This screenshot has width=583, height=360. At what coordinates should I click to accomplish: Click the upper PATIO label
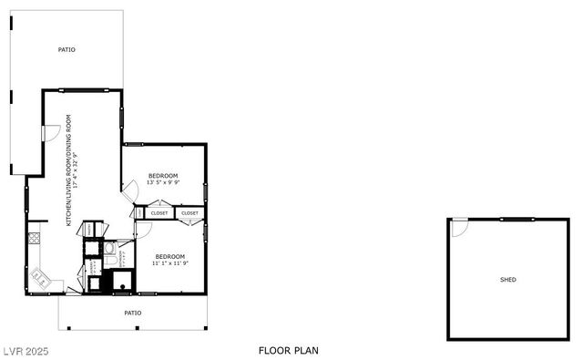point(66,49)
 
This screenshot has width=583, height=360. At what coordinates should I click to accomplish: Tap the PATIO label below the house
point(133,313)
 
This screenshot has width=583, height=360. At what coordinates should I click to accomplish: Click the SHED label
point(507,279)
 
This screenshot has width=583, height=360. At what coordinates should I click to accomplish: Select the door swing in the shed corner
point(459,227)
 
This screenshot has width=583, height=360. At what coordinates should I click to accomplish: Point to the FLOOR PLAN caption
point(288,350)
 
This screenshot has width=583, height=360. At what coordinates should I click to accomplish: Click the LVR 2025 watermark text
point(26,350)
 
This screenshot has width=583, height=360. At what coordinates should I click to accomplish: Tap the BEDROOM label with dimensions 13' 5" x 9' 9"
point(163,175)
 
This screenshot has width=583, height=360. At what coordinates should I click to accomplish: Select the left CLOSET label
point(159,213)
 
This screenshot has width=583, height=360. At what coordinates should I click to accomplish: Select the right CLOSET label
point(189,213)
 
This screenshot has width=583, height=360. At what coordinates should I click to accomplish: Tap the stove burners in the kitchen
point(34,239)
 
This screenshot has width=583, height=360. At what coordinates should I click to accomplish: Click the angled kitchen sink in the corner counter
point(39,275)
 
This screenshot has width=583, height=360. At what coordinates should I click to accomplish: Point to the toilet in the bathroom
point(109,262)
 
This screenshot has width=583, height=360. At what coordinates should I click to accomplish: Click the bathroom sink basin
point(109,246)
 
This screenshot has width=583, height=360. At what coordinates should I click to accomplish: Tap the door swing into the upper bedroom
point(130,190)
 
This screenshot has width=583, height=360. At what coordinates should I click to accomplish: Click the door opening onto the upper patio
point(52,132)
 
